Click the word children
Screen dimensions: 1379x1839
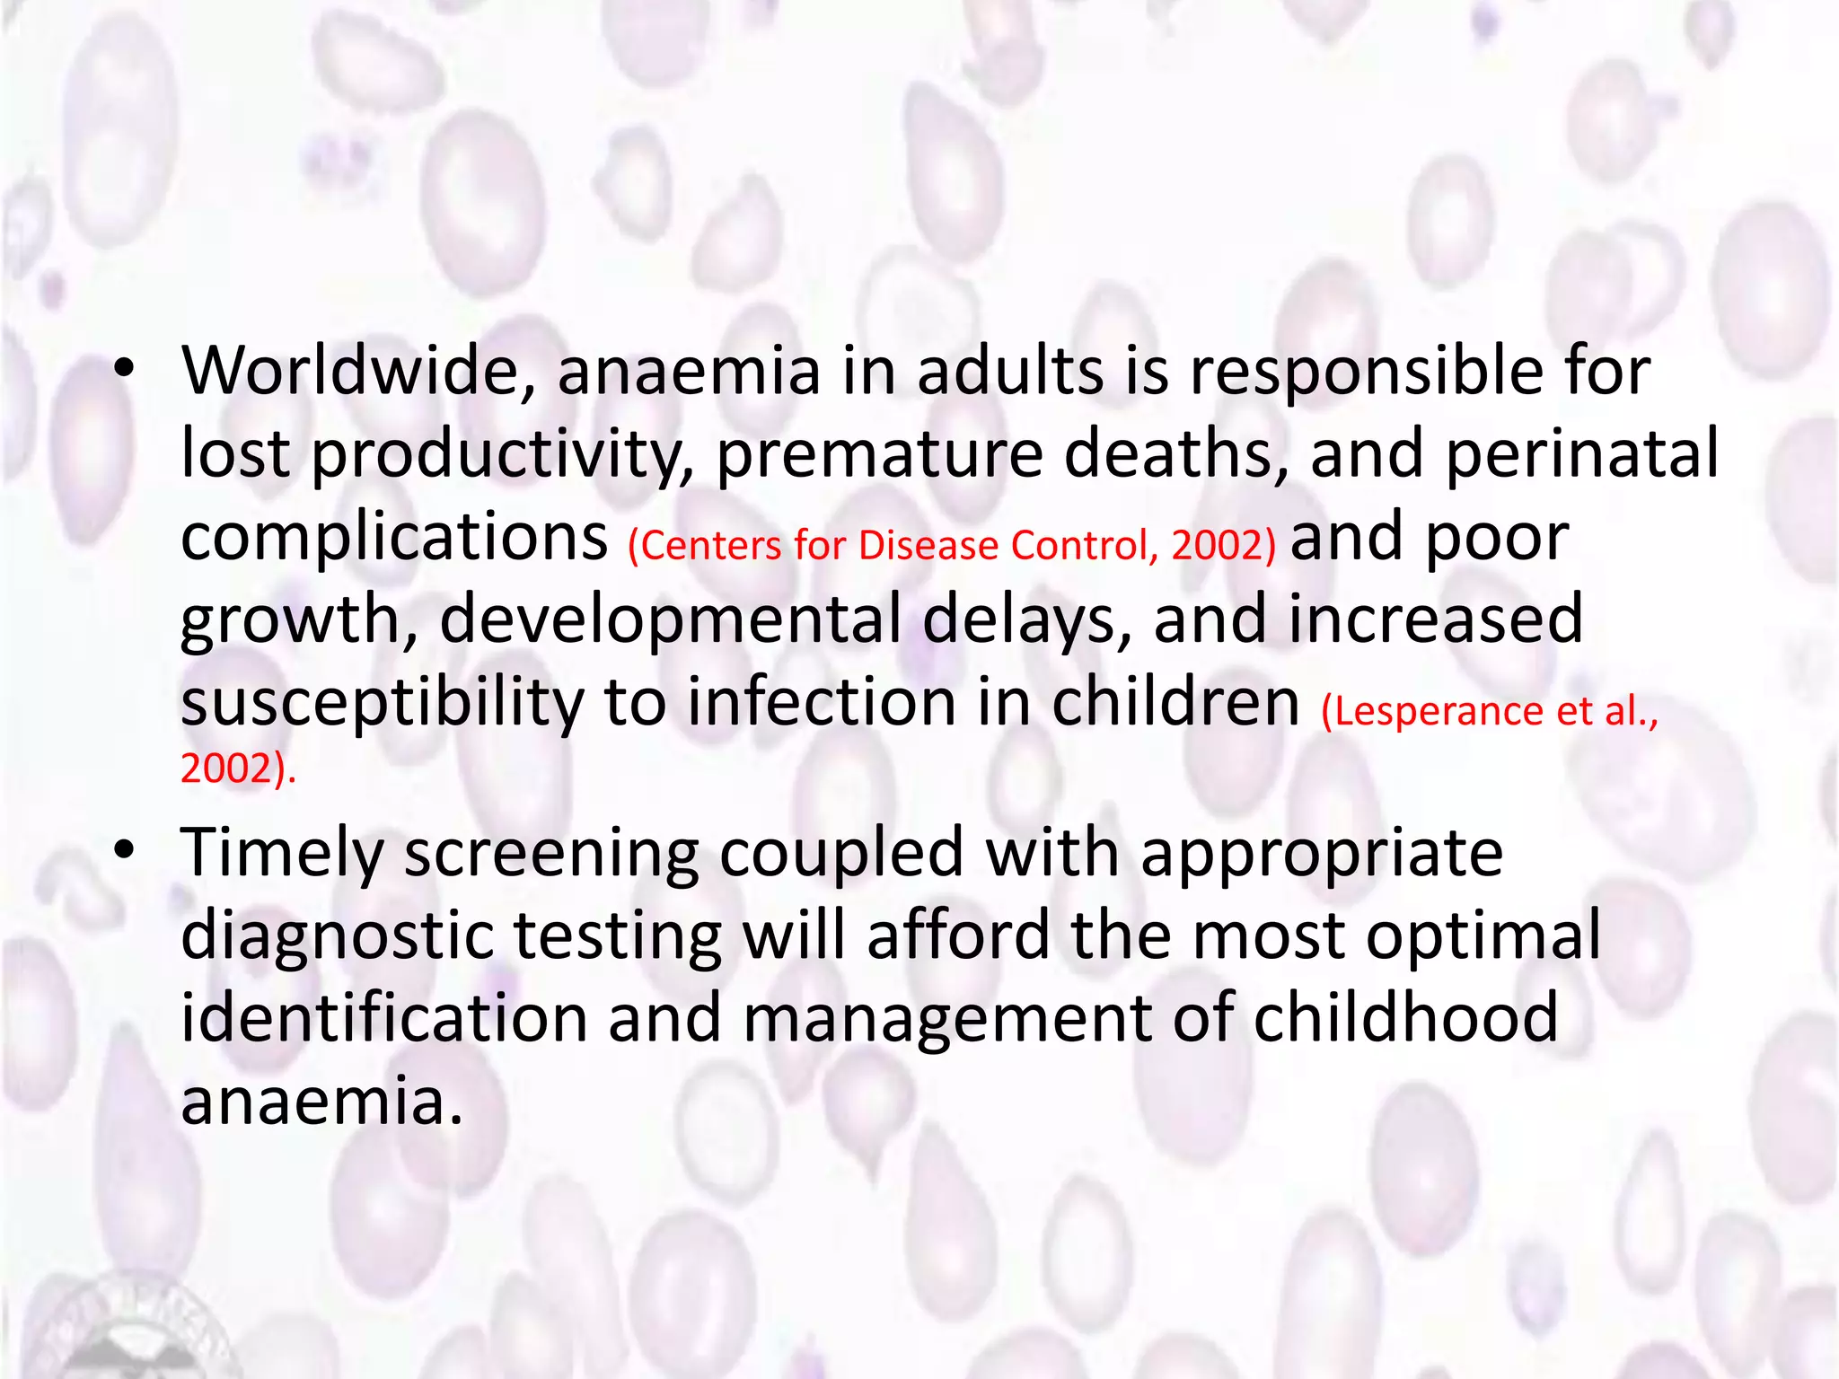pos(1175,702)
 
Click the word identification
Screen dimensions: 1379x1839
pos(384,1017)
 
